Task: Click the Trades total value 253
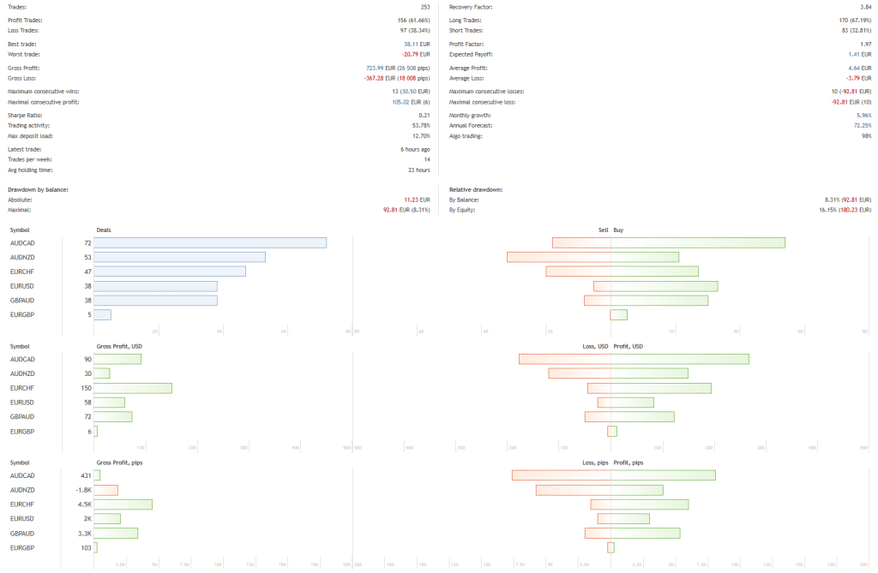click(x=424, y=7)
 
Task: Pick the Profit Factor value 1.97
click(x=864, y=43)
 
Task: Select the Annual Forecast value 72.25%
click(x=861, y=126)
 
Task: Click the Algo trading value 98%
click(x=865, y=136)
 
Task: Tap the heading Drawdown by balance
click(x=38, y=189)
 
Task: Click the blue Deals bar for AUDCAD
click(x=210, y=243)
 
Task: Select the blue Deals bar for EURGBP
click(x=102, y=314)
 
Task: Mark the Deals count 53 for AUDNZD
click(x=87, y=257)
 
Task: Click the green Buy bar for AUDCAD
click(x=697, y=243)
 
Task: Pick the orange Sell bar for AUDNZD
click(x=558, y=257)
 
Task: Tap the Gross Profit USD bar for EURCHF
click(x=133, y=388)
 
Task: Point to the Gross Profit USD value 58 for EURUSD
click(x=87, y=403)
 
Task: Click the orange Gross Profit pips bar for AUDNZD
click(x=105, y=490)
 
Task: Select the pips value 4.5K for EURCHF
click(x=85, y=504)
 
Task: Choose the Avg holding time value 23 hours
click(x=416, y=170)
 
